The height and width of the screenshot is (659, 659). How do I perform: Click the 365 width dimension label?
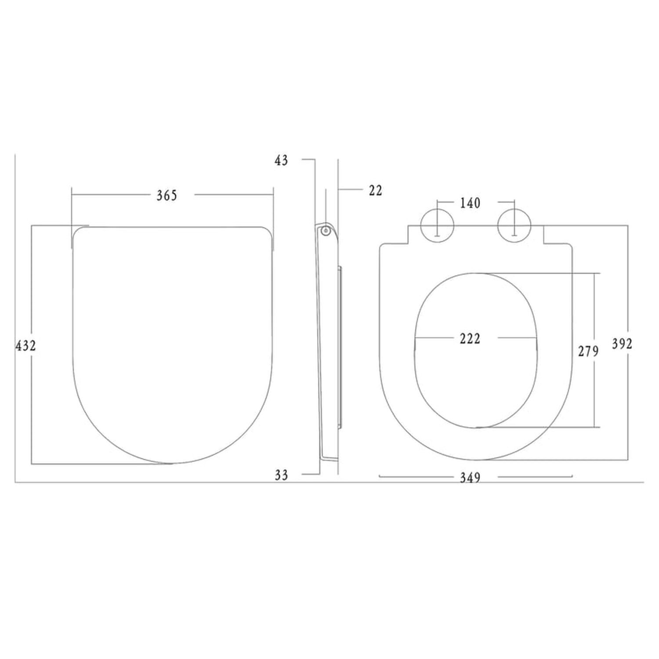pos(167,196)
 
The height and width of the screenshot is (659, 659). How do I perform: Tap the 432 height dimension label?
pos(25,346)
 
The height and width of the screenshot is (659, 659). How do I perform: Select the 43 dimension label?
pos(281,161)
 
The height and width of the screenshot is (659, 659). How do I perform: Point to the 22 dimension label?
pos(376,190)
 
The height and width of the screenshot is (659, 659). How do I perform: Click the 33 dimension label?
pos(281,475)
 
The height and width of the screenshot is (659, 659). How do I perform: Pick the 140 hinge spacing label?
pos(470,203)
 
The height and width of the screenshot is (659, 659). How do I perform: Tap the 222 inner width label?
pos(470,339)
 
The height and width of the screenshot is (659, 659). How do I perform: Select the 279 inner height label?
pos(588,351)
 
